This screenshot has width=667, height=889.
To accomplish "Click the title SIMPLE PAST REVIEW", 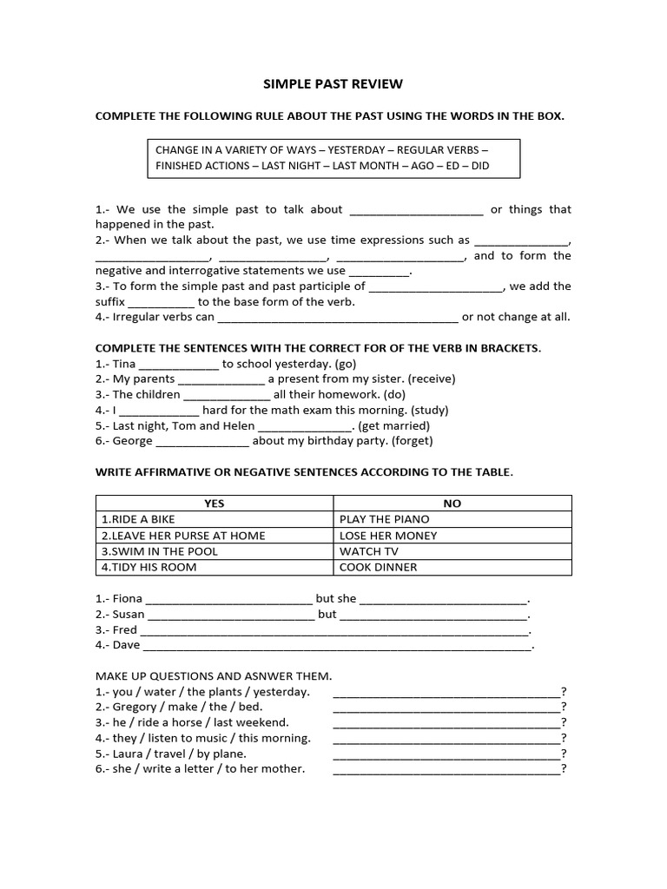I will (333, 84).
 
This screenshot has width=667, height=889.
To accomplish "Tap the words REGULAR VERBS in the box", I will (444, 149).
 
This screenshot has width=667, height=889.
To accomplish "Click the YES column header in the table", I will (214, 504).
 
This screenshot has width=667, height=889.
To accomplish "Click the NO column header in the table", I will (452, 504).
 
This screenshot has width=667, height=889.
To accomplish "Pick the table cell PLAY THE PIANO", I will (385, 519).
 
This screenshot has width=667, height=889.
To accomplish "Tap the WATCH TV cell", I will (369, 551).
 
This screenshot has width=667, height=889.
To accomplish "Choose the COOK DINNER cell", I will (379, 567).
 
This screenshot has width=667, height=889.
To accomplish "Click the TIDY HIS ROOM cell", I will (149, 567).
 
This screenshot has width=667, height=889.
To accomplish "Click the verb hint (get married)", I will (393, 425).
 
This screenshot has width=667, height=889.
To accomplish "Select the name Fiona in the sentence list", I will (128, 599).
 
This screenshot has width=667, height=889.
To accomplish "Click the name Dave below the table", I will (126, 646).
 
